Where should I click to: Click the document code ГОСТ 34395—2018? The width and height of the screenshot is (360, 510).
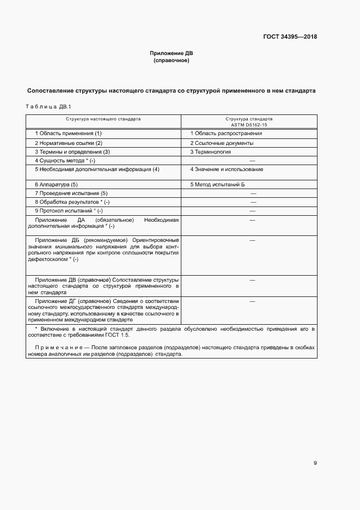click(x=291, y=37)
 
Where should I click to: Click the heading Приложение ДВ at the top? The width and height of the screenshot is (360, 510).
click(x=172, y=53)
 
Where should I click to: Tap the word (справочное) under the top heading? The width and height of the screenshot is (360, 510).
click(x=172, y=60)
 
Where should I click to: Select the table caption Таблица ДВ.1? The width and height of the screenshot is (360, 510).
click(x=48, y=106)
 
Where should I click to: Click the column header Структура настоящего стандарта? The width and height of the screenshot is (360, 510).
click(x=103, y=118)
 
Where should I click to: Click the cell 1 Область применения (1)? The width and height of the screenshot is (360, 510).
click(x=68, y=133)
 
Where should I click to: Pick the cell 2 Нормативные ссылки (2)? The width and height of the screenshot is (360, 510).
click(x=69, y=143)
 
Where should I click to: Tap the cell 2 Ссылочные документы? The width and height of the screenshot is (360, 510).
click(x=222, y=143)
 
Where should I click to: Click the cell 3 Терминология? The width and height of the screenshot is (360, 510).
click(x=211, y=152)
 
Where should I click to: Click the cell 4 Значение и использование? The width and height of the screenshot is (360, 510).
click(x=227, y=169)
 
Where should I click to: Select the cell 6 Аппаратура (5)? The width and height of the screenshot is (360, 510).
click(x=56, y=185)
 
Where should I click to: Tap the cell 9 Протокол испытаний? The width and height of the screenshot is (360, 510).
click(x=69, y=211)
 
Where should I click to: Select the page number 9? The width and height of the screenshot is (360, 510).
click(x=315, y=463)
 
